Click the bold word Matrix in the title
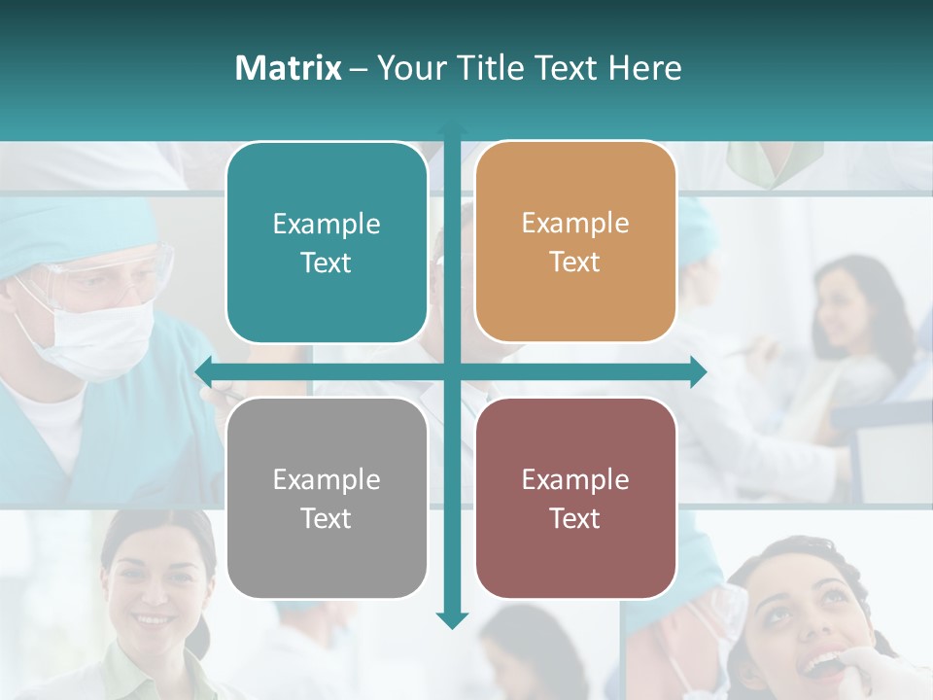click(x=289, y=68)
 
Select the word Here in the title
click(x=644, y=68)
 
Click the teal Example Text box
click(x=327, y=243)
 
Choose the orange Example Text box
click(x=575, y=242)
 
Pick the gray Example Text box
click(x=327, y=498)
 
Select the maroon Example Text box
click(x=575, y=498)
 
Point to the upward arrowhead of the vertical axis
click(x=452, y=129)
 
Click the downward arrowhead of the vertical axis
click(x=452, y=620)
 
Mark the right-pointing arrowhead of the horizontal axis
click(x=698, y=371)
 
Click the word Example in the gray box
click(x=327, y=479)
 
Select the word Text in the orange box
click(x=575, y=262)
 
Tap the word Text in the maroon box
click(x=575, y=518)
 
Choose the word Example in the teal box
click(x=327, y=224)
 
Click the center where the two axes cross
click(x=452, y=371)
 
